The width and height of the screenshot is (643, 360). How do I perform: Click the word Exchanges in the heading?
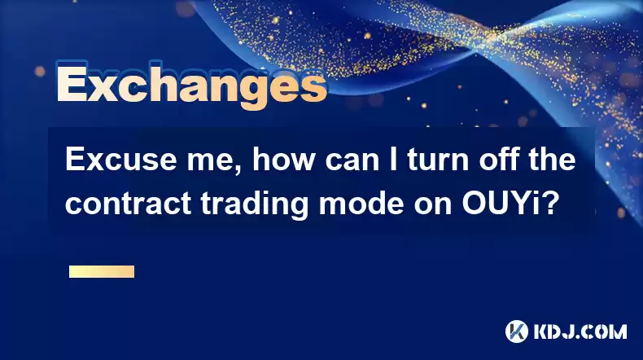pos(191,86)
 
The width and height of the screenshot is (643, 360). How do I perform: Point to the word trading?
pos(254,204)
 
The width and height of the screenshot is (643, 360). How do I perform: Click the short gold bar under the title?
pos(102,271)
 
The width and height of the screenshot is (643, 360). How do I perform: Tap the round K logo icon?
pos(517,331)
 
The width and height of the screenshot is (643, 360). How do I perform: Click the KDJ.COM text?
pos(580,331)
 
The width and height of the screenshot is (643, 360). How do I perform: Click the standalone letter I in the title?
pos(393,160)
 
